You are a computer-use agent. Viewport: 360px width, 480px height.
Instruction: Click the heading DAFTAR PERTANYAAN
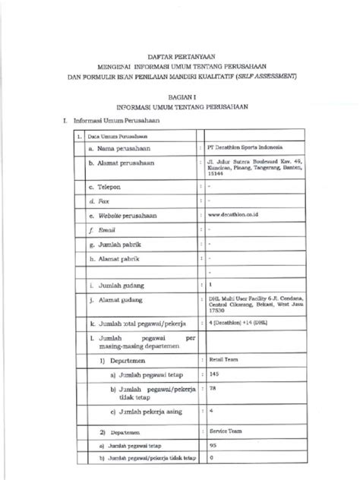point(179,55)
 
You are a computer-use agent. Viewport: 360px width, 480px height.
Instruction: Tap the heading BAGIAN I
point(180,97)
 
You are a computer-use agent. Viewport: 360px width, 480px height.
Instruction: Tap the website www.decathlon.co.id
point(233,214)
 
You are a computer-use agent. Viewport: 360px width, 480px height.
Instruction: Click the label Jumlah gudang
point(121,286)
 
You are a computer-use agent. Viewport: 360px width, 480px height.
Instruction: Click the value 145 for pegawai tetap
point(214,374)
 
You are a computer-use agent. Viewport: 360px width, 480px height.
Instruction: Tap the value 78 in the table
point(213,388)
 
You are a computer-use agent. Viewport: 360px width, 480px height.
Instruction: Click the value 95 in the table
point(213,445)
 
